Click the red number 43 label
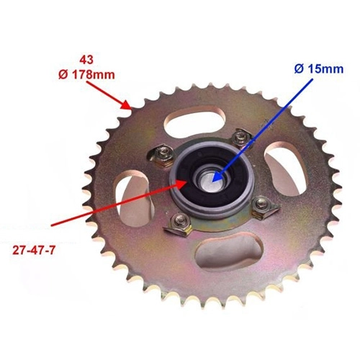[x=87, y=60]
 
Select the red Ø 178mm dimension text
[x=86, y=75]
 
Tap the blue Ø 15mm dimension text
[x=319, y=69]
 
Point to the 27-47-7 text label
[x=34, y=251]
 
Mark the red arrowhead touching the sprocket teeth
[x=127, y=104]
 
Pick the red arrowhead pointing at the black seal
[x=181, y=185]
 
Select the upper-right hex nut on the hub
[x=240, y=138]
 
